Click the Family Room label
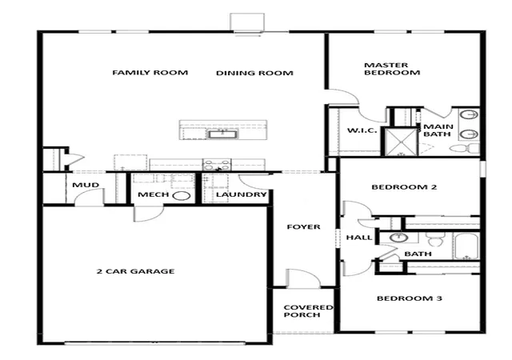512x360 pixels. [x=150, y=72]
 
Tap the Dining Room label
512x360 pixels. [x=254, y=73]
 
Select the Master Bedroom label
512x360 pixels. [x=392, y=69]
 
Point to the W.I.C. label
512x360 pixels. [x=362, y=130]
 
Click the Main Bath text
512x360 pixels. [x=438, y=130]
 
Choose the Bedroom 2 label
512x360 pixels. [x=404, y=187]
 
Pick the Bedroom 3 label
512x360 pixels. [x=410, y=298]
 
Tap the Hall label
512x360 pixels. [x=359, y=238]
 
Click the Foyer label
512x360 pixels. [x=304, y=226]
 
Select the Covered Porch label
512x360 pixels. [x=308, y=311]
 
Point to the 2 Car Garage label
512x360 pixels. [x=135, y=271]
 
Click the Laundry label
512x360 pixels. [x=242, y=194]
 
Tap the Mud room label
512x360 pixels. [x=86, y=185]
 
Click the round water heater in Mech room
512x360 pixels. [x=181, y=196]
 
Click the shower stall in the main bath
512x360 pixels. [x=400, y=142]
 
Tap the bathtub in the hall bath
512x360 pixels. [x=466, y=246]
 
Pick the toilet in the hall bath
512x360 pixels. [x=434, y=239]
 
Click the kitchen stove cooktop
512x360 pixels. [x=217, y=165]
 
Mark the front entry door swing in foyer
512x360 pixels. [x=303, y=278]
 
